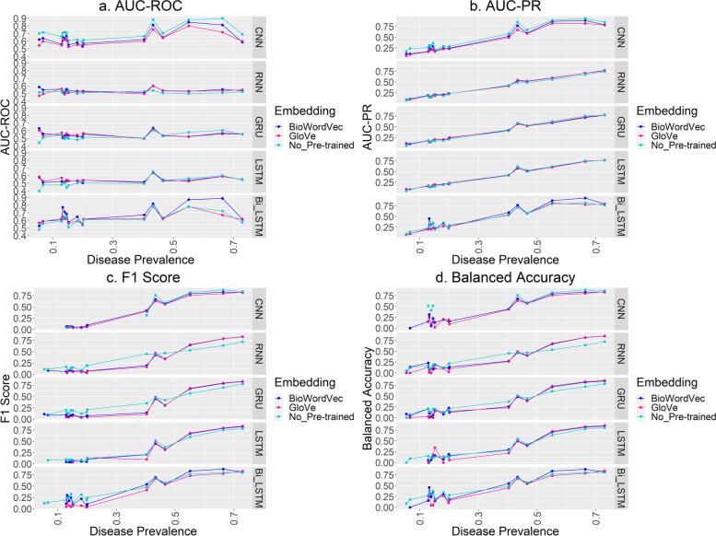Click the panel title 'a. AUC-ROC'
(135, 7)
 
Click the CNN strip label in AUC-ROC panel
(259, 37)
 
